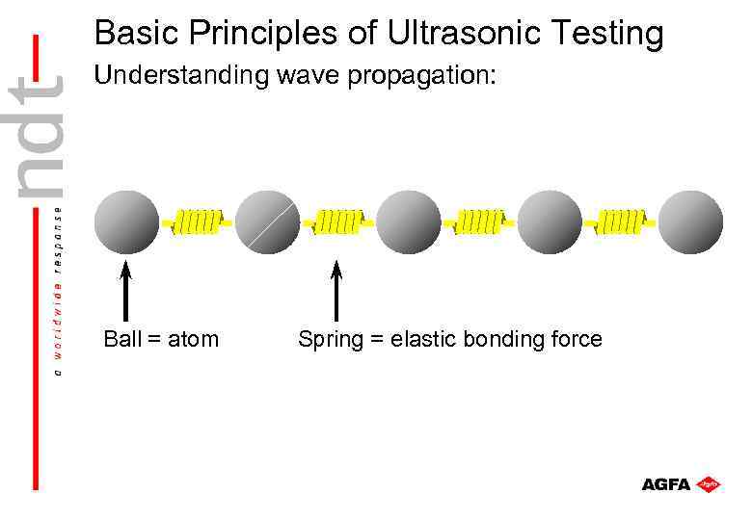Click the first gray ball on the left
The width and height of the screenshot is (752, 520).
click(x=127, y=222)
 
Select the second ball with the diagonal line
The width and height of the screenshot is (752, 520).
click(x=267, y=222)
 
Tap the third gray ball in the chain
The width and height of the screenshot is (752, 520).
click(x=408, y=222)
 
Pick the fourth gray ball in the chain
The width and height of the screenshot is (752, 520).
click(x=550, y=222)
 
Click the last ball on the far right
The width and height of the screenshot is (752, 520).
click(x=690, y=222)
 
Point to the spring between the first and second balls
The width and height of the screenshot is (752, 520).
click(x=198, y=222)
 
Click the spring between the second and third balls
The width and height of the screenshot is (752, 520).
click(x=337, y=222)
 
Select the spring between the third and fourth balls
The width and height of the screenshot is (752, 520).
click(x=479, y=222)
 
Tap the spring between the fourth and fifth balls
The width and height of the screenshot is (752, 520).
click(x=620, y=222)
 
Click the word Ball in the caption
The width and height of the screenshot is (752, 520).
click(x=122, y=339)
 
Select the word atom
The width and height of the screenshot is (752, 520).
click(x=193, y=339)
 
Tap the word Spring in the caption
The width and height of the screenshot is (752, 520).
click(x=329, y=340)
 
